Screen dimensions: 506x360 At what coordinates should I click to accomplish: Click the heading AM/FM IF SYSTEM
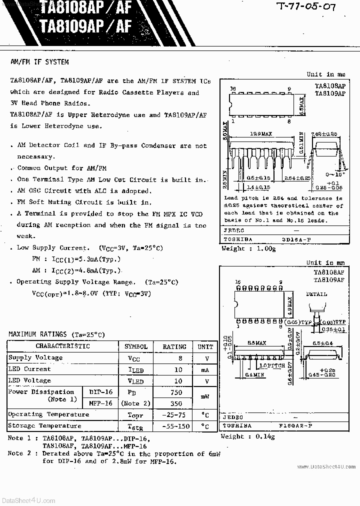click(40, 62)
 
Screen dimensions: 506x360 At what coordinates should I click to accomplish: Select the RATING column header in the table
click(174, 346)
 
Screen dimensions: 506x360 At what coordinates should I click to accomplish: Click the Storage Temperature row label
click(44, 425)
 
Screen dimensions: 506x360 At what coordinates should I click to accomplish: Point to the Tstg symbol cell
click(135, 426)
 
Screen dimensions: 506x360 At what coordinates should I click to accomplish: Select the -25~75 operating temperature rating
click(174, 415)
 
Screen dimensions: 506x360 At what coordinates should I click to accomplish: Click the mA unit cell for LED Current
click(205, 369)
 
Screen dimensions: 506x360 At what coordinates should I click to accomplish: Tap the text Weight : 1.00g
click(248, 248)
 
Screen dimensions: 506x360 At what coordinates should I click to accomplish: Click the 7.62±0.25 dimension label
click(324, 134)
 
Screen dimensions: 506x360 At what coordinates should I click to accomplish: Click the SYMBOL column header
click(135, 346)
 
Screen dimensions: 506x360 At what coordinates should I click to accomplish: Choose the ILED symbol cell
click(135, 370)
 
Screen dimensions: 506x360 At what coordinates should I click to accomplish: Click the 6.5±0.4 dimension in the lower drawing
click(323, 343)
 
